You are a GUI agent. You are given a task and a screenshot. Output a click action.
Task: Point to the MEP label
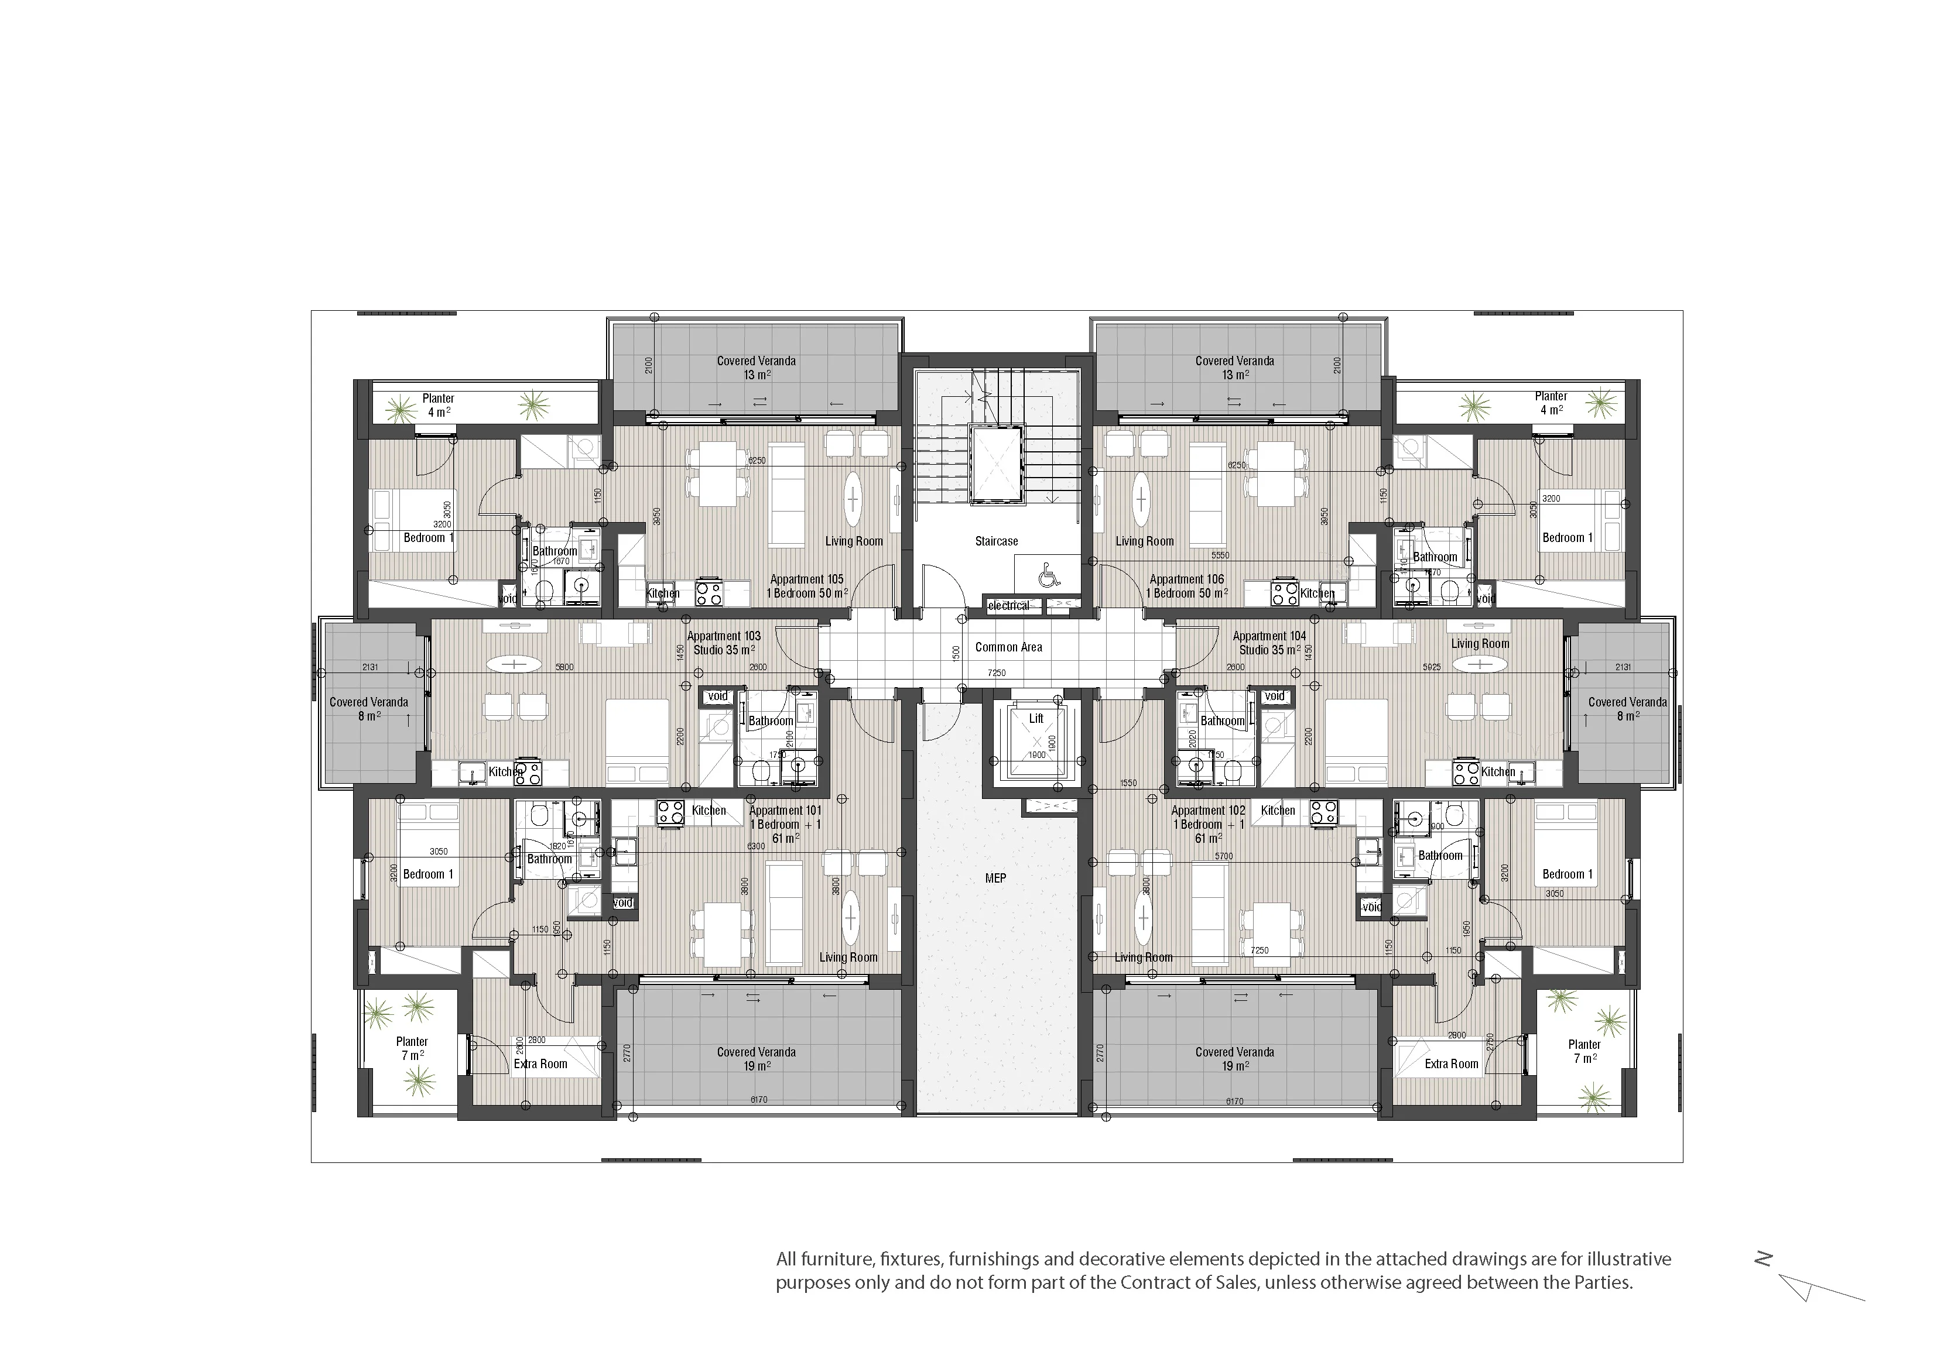point(995,878)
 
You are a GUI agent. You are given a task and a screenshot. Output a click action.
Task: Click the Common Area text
point(1008,647)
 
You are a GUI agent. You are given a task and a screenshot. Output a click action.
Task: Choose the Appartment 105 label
point(806,579)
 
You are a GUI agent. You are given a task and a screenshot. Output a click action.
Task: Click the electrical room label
point(1008,606)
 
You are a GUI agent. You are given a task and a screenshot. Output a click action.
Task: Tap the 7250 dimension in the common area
point(997,673)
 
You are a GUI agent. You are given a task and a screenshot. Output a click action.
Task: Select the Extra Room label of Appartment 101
point(540,1063)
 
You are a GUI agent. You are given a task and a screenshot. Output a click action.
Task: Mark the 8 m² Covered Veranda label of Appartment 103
point(368,709)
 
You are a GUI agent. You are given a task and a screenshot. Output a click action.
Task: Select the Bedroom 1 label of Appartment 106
point(1568,537)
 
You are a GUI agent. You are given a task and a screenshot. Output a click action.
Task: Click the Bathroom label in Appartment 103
point(770,721)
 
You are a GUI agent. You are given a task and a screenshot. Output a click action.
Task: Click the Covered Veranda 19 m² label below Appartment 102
point(1234,1059)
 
